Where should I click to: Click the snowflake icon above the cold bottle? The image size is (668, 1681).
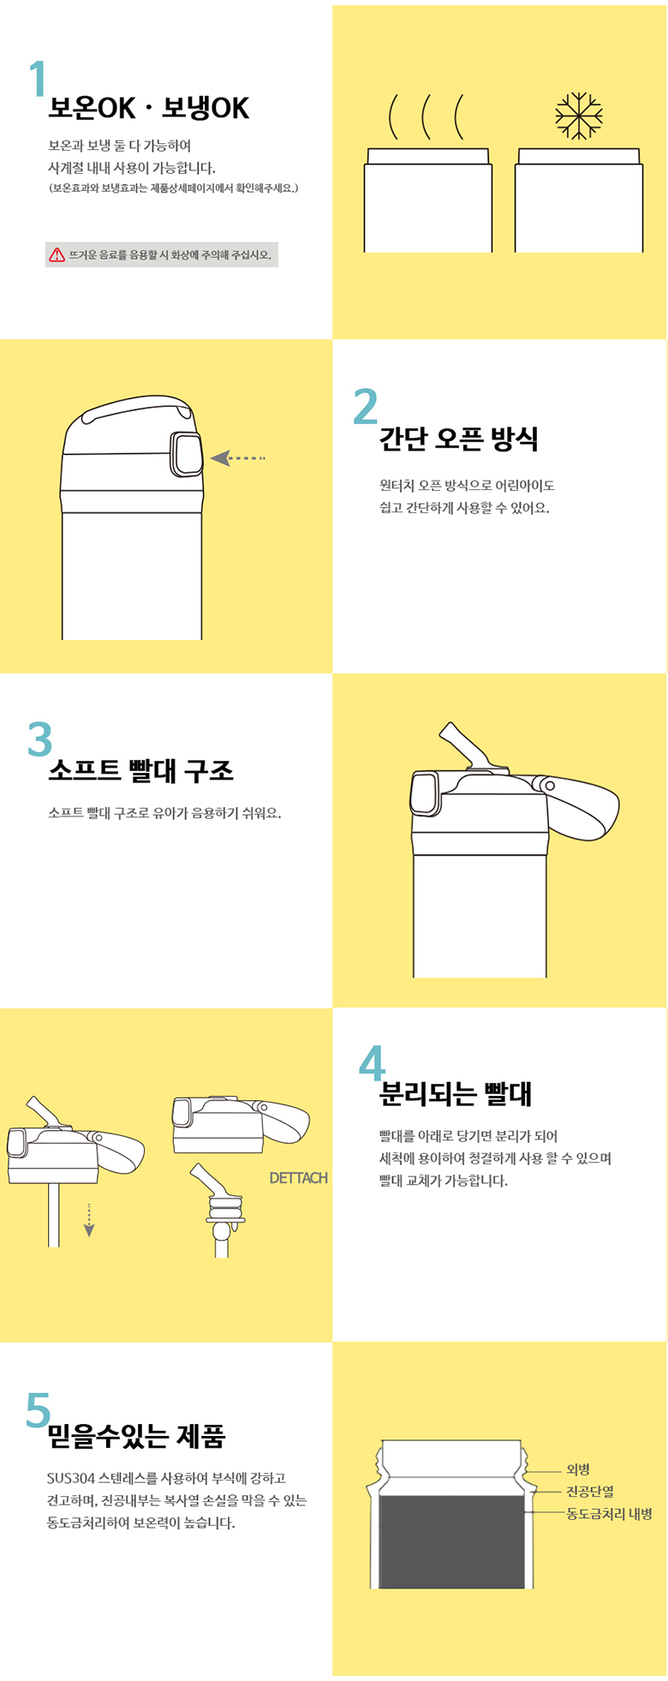pyautogui.click(x=579, y=116)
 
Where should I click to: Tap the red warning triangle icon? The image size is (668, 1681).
pyautogui.click(x=57, y=254)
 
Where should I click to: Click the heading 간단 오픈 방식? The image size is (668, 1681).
pyautogui.click(x=459, y=439)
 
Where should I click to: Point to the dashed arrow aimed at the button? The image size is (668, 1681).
pyautogui.click(x=238, y=458)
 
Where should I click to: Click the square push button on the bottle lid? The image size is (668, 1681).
pyautogui.click(x=187, y=454)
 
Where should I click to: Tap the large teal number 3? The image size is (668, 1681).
pyautogui.click(x=40, y=739)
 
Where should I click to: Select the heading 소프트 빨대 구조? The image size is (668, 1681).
pyautogui.click(x=140, y=770)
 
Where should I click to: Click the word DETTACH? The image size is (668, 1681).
pyautogui.click(x=299, y=1178)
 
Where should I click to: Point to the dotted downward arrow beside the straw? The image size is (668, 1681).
pyautogui.click(x=89, y=1220)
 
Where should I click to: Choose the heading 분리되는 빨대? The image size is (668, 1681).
pyautogui.click(x=456, y=1094)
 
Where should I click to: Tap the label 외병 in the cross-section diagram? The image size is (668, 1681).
pyautogui.click(x=578, y=1469)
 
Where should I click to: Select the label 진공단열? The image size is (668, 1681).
pyautogui.click(x=590, y=1492)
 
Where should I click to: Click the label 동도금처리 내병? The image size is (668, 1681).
pyautogui.click(x=609, y=1514)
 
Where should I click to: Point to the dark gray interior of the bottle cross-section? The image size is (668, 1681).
pyautogui.click(x=451, y=1542)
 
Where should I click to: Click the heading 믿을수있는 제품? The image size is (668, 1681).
pyautogui.click(x=136, y=1436)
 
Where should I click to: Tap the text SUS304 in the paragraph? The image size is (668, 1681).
pyautogui.click(x=71, y=1478)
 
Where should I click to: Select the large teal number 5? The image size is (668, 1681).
pyautogui.click(x=39, y=1409)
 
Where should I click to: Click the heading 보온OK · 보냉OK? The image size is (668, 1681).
pyautogui.click(x=149, y=108)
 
